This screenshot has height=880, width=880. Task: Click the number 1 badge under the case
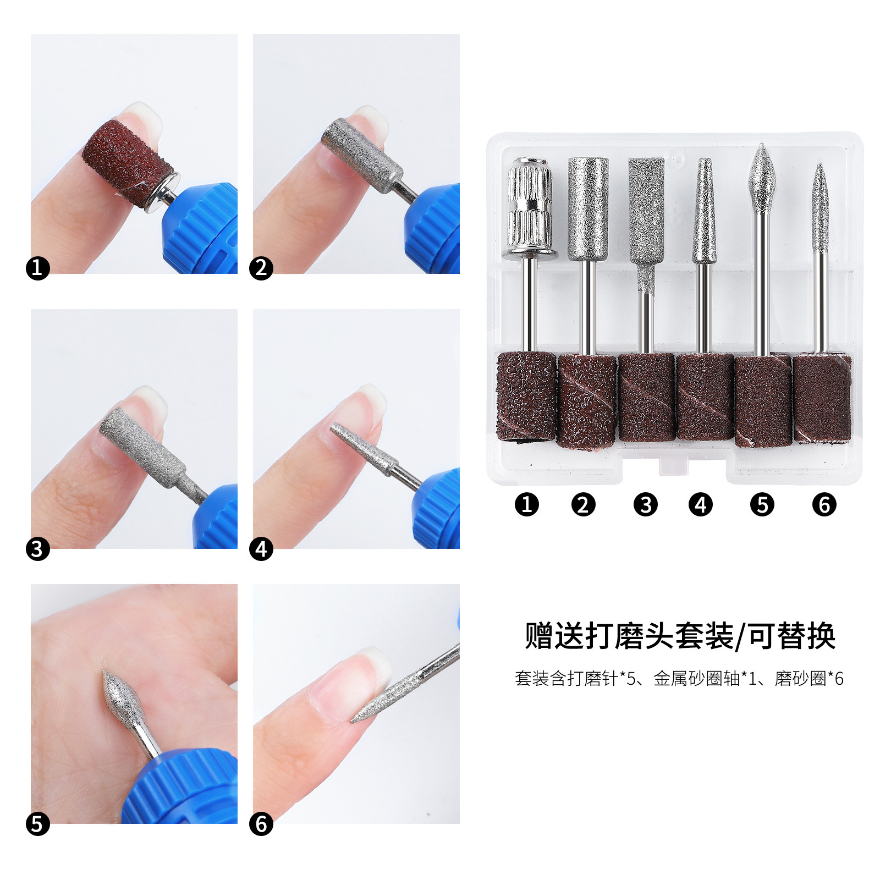click(526, 504)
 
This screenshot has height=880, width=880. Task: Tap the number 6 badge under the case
click(824, 504)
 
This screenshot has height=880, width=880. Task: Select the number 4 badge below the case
click(700, 504)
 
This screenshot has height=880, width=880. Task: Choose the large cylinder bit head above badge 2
click(588, 208)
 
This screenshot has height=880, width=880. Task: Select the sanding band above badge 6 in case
click(822, 399)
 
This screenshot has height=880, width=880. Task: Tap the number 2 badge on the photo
click(261, 268)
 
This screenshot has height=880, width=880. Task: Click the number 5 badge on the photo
click(37, 824)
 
